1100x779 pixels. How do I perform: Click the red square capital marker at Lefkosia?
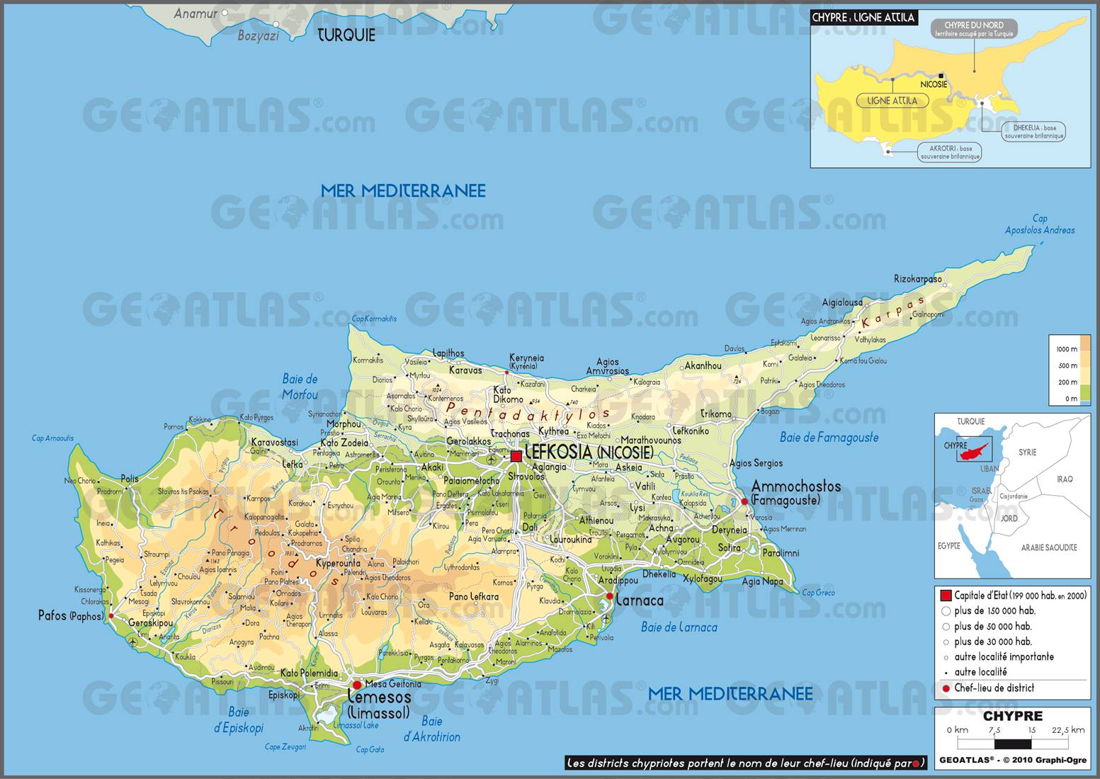click(x=516, y=456)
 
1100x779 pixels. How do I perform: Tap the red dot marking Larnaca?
click(x=610, y=596)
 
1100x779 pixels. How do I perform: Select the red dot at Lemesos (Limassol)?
click(x=357, y=685)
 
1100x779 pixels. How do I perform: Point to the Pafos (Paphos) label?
click(x=70, y=615)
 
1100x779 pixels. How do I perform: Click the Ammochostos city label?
click(x=795, y=487)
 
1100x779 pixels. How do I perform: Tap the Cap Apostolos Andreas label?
click(x=1039, y=224)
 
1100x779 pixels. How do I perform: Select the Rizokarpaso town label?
click(x=917, y=279)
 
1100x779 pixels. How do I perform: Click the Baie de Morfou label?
click(x=300, y=387)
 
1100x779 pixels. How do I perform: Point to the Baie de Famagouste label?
click(x=829, y=438)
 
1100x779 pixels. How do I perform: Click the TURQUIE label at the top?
click(x=346, y=35)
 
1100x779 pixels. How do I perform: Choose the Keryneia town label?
click(x=526, y=358)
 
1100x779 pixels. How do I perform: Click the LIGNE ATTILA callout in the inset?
click(x=892, y=101)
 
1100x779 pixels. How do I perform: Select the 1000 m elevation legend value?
click(x=1067, y=349)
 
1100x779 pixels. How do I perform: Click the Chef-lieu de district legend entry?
click(x=993, y=688)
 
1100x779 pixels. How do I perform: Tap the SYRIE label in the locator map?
click(x=1027, y=452)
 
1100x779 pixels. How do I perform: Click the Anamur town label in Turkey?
click(x=195, y=13)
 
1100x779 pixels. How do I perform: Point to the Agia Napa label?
click(x=762, y=581)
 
